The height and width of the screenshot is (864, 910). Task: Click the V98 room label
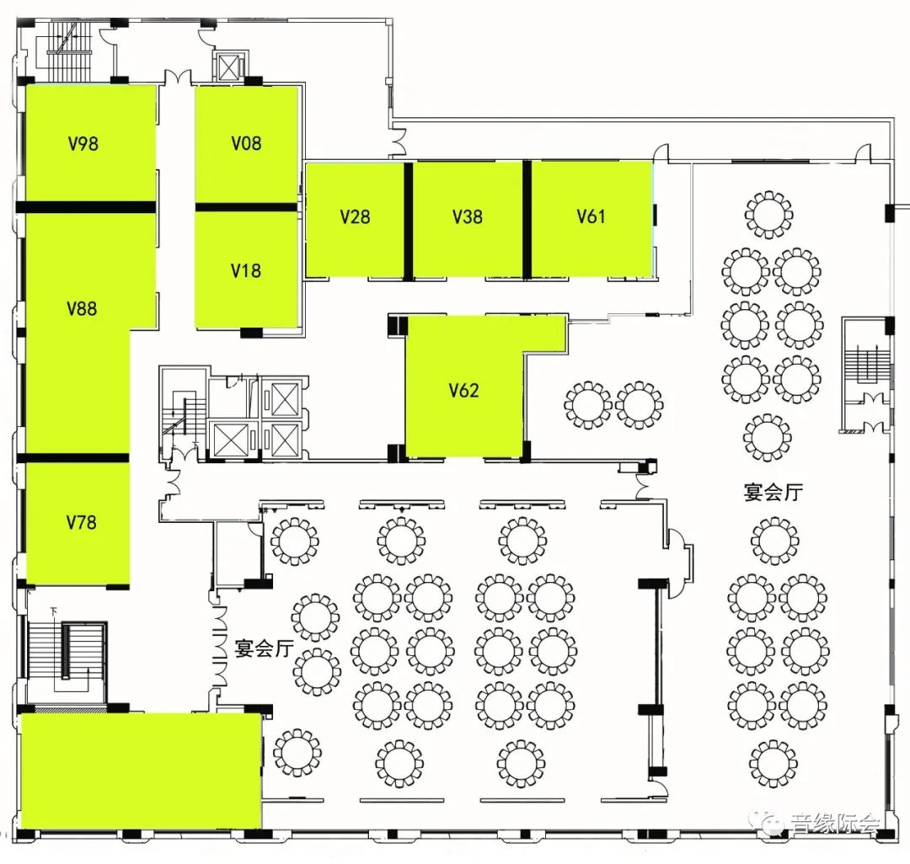click(x=83, y=143)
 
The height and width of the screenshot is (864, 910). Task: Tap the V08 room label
click(x=246, y=143)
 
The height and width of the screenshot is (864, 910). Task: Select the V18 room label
click(x=246, y=270)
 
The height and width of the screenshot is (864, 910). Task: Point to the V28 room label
click(x=355, y=216)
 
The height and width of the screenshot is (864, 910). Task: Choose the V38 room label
click(x=468, y=216)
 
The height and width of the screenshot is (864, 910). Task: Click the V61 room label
click(x=591, y=216)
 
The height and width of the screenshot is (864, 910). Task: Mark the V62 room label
click(x=463, y=390)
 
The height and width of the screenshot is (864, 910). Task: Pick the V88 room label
click(x=82, y=308)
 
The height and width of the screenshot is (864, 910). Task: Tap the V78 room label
click(x=81, y=522)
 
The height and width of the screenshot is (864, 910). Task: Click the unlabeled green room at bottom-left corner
click(x=139, y=770)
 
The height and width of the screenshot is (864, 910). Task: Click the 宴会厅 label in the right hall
click(x=773, y=492)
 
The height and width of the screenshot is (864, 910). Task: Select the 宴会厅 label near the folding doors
click(x=263, y=648)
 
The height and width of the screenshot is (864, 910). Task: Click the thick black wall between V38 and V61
click(x=527, y=219)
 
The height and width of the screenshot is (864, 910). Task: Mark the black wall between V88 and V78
click(x=76, y=458)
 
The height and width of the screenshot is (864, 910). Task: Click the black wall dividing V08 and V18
click(x=246, y=206)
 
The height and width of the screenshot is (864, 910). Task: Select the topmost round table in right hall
click(x=768, y=215)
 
